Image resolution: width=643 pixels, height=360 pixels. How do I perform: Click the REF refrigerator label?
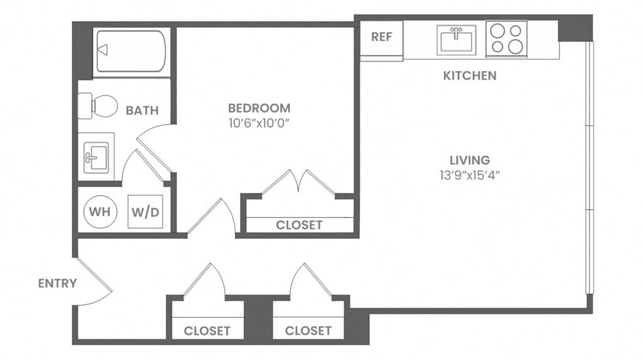381,36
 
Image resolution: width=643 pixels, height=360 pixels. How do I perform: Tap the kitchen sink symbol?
457,40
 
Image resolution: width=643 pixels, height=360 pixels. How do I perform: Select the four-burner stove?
506,38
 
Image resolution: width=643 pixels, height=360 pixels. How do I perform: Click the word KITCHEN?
470,76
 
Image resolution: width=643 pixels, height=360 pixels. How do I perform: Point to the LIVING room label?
470,160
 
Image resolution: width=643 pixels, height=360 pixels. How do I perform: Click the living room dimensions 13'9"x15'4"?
470,175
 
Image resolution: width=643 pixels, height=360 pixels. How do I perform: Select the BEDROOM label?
259,107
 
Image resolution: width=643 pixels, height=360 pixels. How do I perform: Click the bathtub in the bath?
131,50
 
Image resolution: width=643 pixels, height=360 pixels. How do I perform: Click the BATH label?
142,111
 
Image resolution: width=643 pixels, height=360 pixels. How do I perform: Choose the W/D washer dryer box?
146,212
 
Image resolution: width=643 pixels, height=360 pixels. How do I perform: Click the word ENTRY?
57,283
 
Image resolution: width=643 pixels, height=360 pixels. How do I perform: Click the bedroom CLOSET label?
299,225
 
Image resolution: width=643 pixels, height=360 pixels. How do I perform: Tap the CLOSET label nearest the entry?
207,330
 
